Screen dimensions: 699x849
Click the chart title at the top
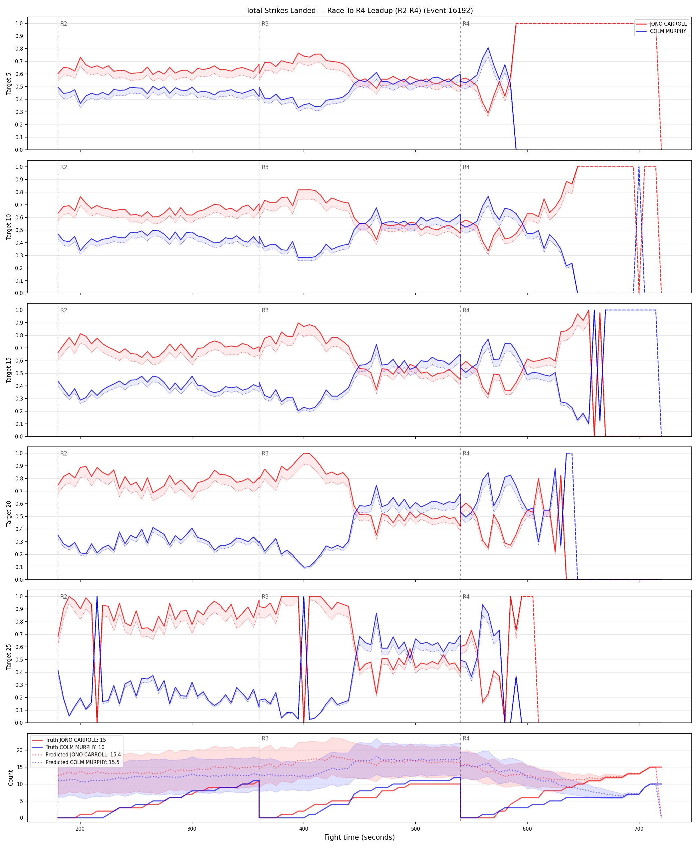[x=359, y=10]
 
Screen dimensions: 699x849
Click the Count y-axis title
[x=10, y=778]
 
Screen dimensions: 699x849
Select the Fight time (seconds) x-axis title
[x=359, y=837]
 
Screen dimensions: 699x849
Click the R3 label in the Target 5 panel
[x=265, y=24]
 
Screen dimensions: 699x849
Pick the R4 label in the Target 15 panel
[x=466, y=310]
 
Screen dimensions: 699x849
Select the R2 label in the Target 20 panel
[x=64, y=453]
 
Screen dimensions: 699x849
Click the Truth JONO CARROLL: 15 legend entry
[x=76, y=740]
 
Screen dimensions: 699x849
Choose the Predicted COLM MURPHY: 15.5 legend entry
[x=83, y=762]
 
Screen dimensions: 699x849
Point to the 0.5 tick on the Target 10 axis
[x=19, y=230]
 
